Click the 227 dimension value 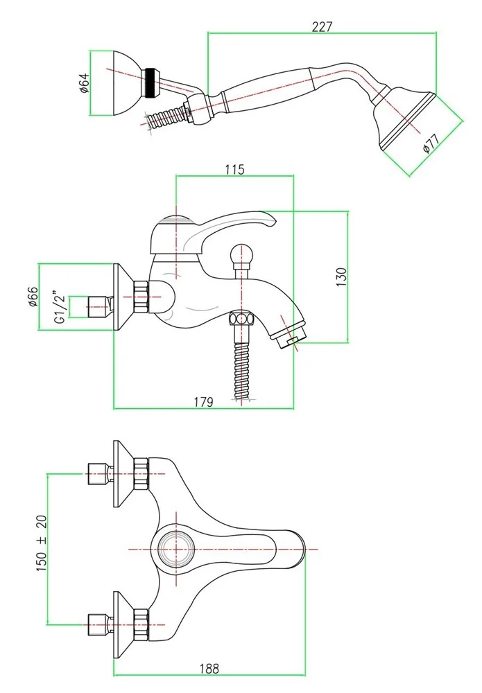pyautogui.click(x=322, y=27)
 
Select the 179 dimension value pyautogui.click(x=203, y=401)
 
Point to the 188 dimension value pyautogui.click(x=209, y=669)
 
